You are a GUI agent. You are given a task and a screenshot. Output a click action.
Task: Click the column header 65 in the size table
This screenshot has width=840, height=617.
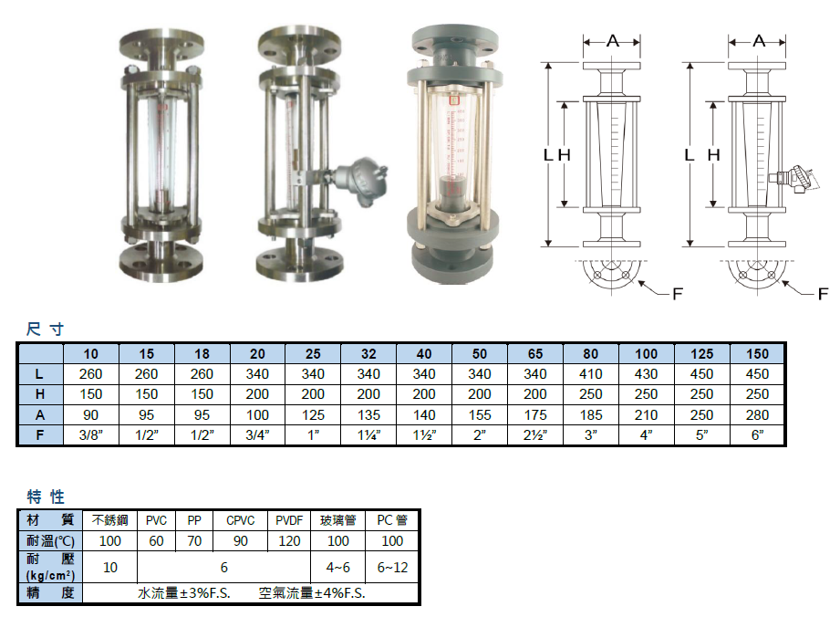(535, 354)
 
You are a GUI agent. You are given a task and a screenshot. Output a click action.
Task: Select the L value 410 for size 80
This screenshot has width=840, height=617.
(590, 373)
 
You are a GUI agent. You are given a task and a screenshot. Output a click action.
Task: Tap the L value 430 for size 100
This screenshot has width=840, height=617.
(646, 373)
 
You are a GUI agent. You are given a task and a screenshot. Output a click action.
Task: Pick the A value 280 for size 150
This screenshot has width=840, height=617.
(757, 415)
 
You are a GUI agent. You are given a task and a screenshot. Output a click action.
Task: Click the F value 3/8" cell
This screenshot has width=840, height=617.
(91, 434)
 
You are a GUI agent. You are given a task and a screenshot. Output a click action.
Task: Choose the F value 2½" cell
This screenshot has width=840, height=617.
(535, 434)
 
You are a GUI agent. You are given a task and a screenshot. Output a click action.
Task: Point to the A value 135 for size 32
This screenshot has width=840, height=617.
(368, 415)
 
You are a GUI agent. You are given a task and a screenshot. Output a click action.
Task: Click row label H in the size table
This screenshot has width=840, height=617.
(40, 394)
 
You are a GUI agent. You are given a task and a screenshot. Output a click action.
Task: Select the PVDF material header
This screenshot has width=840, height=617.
(289, 520)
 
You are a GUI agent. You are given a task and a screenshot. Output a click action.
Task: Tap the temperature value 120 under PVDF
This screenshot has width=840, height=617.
(289, 541)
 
